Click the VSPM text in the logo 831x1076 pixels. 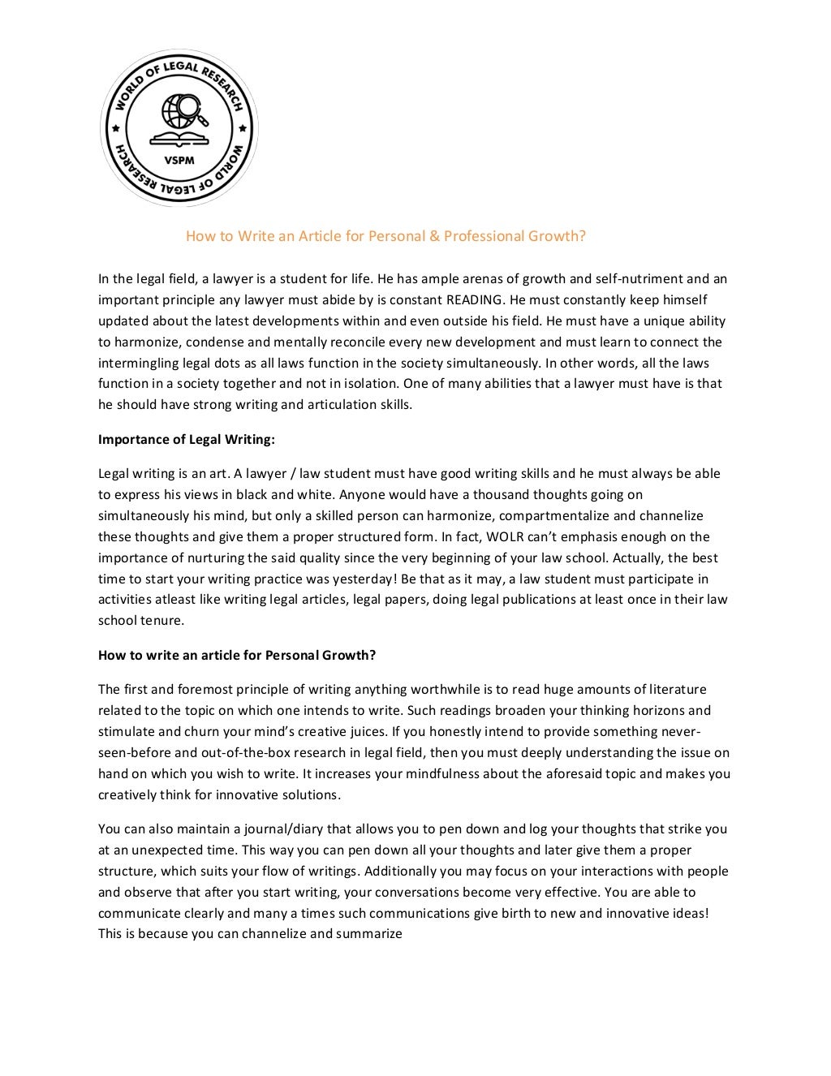tap(179, 160)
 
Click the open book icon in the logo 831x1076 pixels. tap(179, 139)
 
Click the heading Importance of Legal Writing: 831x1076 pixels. tap(187, 439)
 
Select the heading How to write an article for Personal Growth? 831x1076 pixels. tap(237, 655)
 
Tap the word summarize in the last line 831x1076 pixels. tap(369, 934)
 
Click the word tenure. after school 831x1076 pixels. tap(163, 621)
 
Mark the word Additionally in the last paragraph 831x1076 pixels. tap(403, 871)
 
